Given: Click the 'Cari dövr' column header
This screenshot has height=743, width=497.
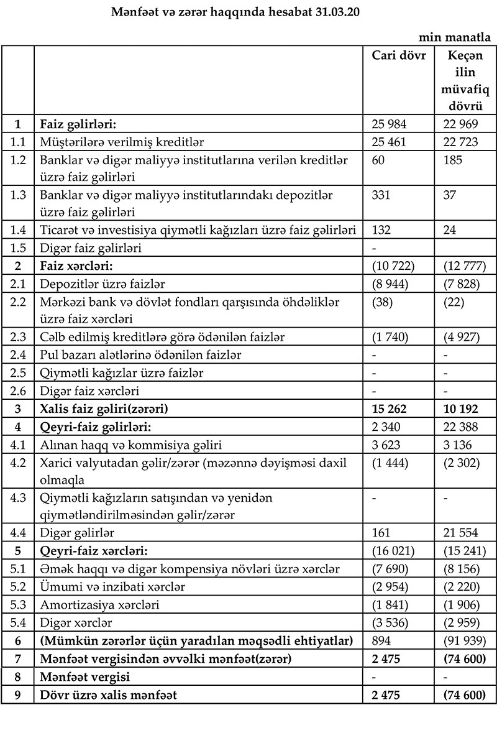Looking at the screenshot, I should coord(399,55).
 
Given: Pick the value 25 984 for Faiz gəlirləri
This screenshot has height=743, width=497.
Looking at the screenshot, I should coord(389,124).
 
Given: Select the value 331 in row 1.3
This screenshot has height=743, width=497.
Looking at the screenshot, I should coord(381,195).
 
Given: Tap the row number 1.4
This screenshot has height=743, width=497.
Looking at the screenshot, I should coord(17,230).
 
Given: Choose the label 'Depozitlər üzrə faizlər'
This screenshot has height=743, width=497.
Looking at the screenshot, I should coord(102,284).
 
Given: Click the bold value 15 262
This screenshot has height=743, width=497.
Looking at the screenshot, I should coord(390,410).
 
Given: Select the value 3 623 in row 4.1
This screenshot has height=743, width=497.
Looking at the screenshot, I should coord(388,445).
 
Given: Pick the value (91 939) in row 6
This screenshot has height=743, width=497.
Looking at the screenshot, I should coord(465,640).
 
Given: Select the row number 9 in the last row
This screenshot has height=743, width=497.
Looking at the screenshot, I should coord(17,695).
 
